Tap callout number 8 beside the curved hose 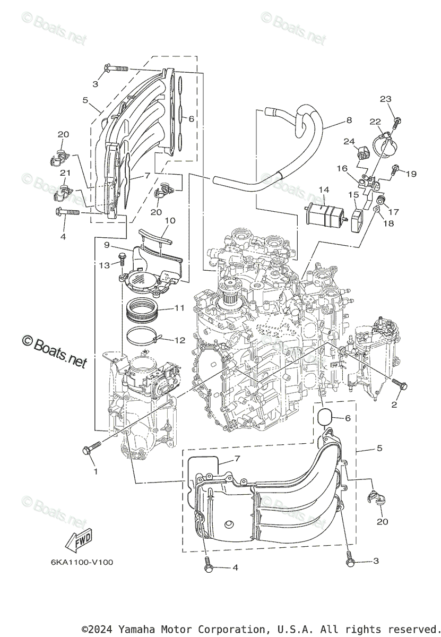pos(349,120)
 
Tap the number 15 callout pos(353,195)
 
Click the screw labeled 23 pos(396,122)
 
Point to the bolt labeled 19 pos(395,171)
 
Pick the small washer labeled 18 pos(375,211)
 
